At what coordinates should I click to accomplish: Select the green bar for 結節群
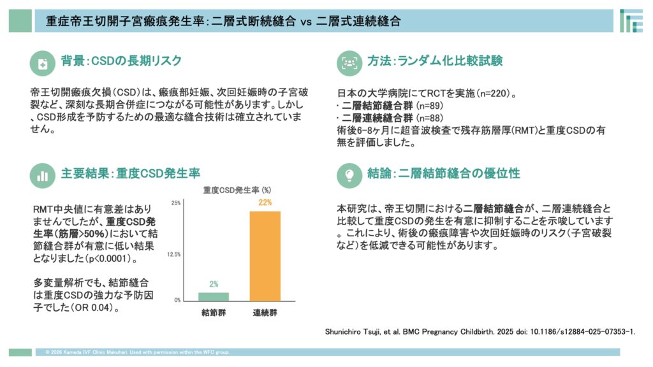point(214,296)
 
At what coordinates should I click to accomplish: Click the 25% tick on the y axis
point(176,203)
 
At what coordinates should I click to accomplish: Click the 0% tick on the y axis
point(177,299)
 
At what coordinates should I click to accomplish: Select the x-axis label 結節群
point(214,313)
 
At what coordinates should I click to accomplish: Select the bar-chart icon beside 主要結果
point(43,173)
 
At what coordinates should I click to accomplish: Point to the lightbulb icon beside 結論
point(349,173)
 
